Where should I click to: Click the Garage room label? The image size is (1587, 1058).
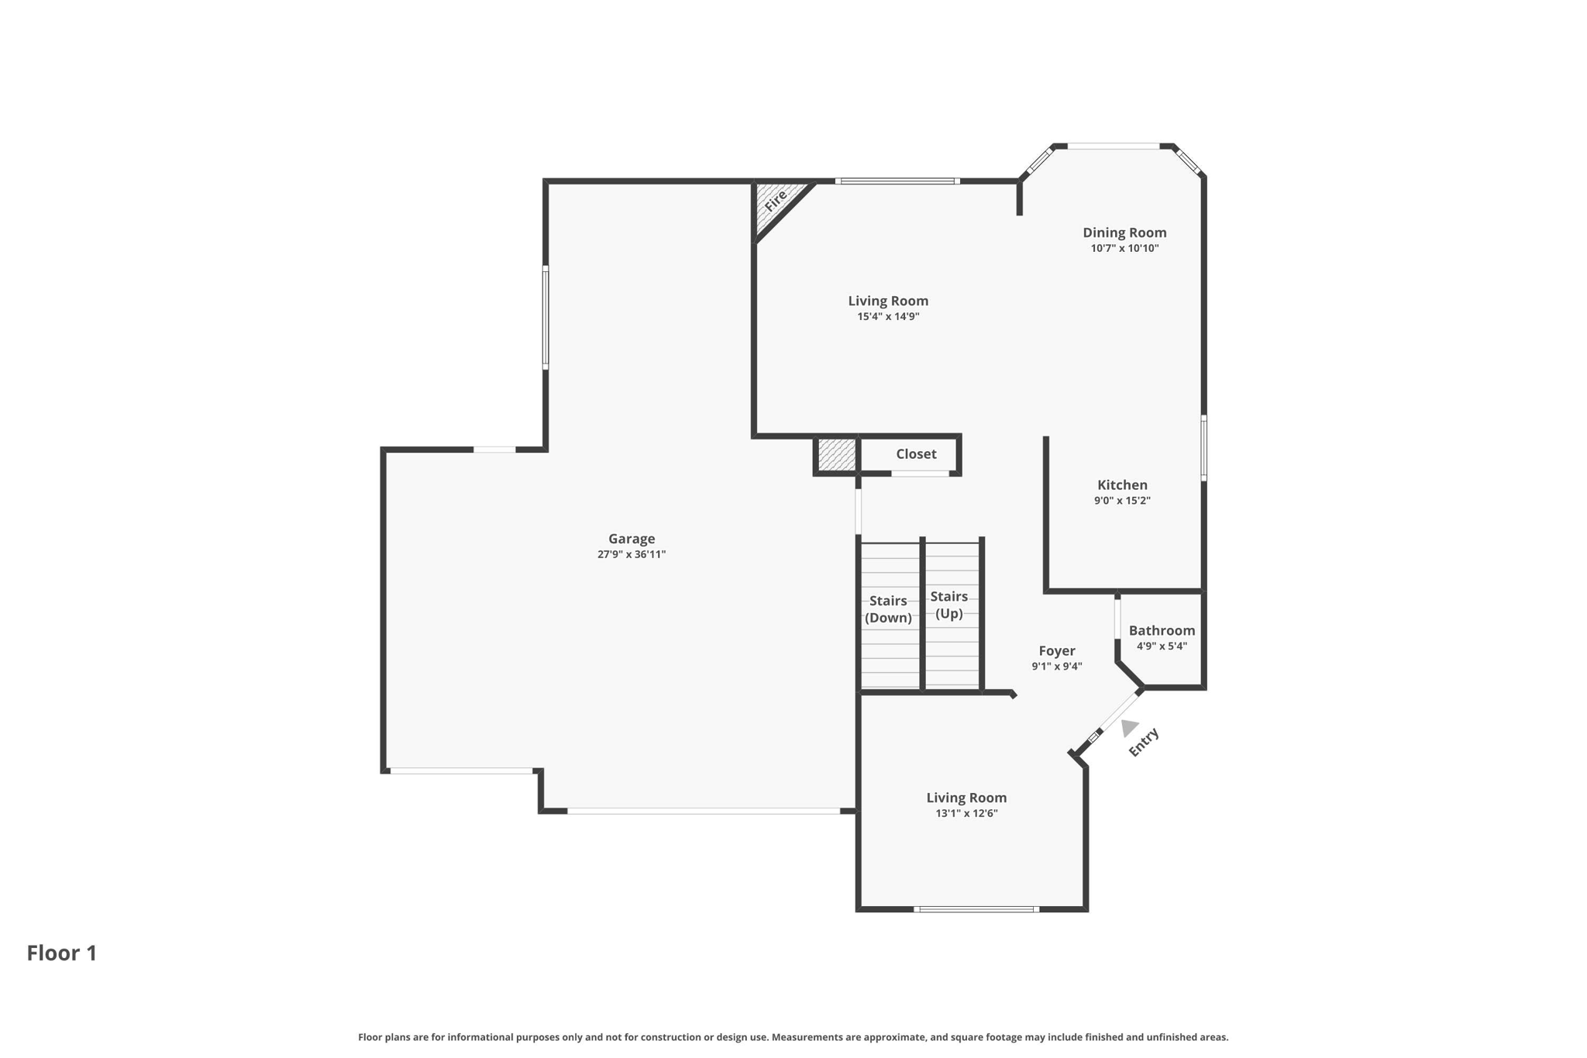[x=632, y=539]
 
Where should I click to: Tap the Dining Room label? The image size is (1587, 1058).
[x=1124, y=233]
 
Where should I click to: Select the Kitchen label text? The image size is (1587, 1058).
[x=1122, y=485]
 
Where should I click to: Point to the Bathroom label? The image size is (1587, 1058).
[x=1162, y=631]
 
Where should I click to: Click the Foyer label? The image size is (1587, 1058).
[x=1057, y=651]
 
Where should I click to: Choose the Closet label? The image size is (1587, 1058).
[x=916, y=454]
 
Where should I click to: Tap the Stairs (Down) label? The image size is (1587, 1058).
[x=888, y=609]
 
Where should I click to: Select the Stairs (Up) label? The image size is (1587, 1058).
[x=949, y=605]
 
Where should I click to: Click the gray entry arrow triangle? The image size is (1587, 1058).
[x=1128, y=728]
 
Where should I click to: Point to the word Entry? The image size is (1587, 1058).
[x=1144, y=743]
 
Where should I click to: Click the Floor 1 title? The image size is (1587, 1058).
[x=62, y=953]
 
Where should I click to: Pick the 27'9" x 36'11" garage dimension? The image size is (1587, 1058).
[x=632, y=554]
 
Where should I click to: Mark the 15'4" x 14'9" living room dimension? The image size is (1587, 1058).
[x=888, y=316]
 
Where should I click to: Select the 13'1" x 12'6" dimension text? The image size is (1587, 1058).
[x=966, y=813]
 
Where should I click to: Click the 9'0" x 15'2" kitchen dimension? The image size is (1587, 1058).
[x=1122, y=501]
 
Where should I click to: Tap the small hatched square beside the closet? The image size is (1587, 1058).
[x=837, y=454]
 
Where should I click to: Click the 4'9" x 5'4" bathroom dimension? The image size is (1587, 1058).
[x=1162, y=646]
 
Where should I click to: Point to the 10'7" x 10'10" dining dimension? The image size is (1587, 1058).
[x=1124, y=249]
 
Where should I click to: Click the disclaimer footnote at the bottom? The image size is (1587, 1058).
[x=793, y=1037]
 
